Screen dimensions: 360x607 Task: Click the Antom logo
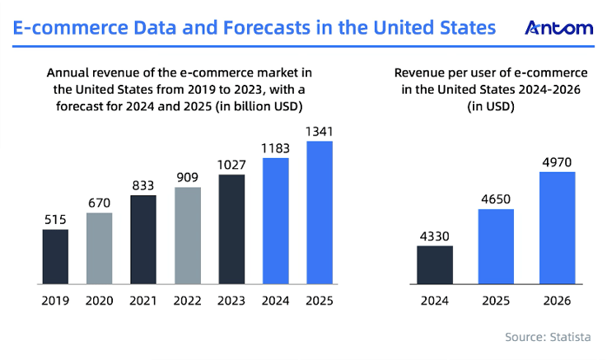(558, 28)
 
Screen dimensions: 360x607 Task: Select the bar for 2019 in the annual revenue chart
(55, 257)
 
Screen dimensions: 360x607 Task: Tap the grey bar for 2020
(100, 249)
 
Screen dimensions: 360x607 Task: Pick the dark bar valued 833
(143, 240)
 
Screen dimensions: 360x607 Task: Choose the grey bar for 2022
(188, 236)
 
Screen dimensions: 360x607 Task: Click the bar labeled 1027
(231, 229)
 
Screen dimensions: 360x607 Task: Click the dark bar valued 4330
(435, 265)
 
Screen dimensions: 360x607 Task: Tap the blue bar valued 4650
(496, 247)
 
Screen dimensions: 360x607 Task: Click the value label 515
(55, 219)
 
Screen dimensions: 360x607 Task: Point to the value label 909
(188, 177)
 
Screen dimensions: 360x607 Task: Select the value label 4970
(556, 162)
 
